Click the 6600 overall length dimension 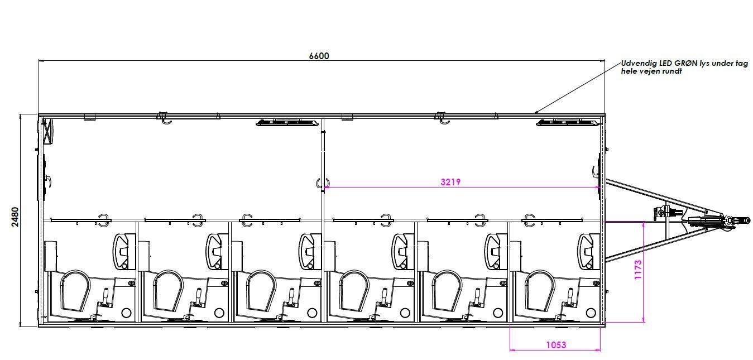click(x=319, y=56)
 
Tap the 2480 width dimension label click(x=15, y=217)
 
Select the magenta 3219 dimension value click(x=450, y=182)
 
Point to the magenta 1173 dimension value click(x=637, y=270)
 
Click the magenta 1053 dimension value click(x=556, y=345)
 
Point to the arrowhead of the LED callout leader click(x=535, y=113)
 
